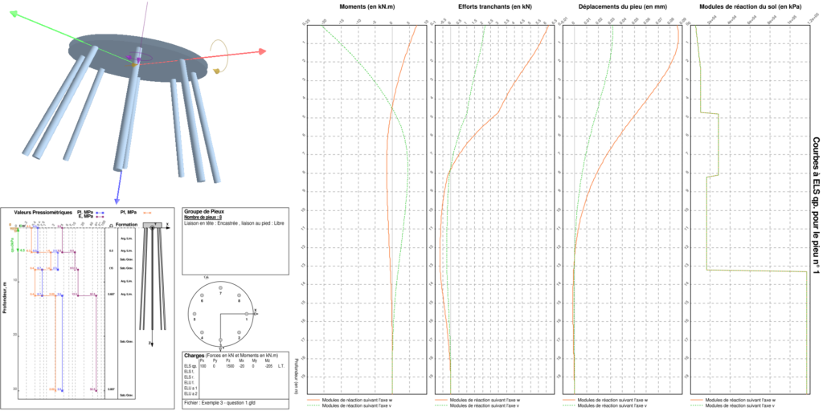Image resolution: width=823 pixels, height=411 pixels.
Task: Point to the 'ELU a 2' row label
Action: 190,393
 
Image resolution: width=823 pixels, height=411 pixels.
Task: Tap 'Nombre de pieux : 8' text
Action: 207,218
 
